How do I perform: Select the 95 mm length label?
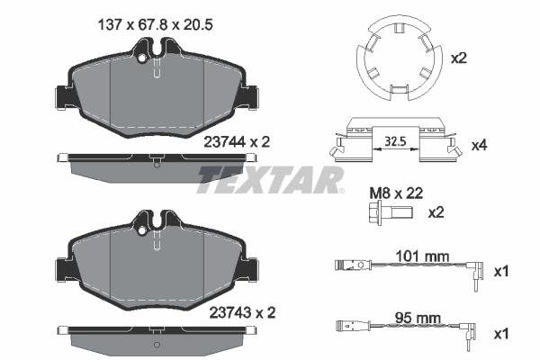point(418,318)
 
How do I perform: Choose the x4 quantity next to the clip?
point(479,144)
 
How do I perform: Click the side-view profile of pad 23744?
point(157,163)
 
